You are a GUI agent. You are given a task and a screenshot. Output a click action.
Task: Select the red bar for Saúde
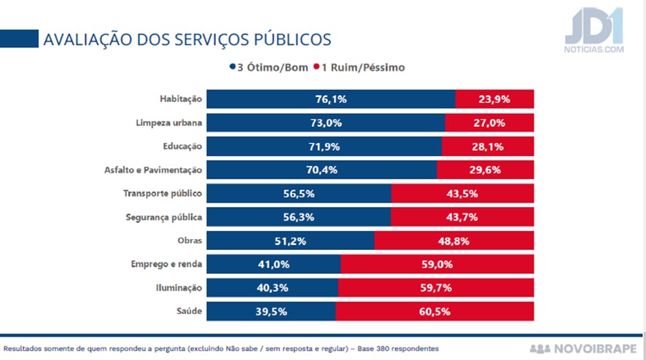tap(435, 311)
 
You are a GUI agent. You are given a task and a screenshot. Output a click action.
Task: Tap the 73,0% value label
tap(325, 122)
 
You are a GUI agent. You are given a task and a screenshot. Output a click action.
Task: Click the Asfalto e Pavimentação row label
tap(153, 171)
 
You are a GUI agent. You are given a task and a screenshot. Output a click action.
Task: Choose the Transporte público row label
tap(163, 194)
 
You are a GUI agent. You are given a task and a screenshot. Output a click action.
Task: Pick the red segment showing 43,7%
tap(462, 217)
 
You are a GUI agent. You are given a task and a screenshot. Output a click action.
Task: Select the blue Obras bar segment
tap(290, 240)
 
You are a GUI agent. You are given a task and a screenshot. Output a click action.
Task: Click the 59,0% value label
tap(437, 264)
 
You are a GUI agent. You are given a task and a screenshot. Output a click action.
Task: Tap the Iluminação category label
tap(179, 288)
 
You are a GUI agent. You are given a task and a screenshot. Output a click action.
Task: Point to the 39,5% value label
tap(271, 311)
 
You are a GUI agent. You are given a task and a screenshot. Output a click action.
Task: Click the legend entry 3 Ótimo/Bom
tap(267, 67)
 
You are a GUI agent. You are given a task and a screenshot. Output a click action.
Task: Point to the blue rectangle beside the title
tap(19, 38)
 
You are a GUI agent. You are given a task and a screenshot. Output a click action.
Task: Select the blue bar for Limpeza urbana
tap(325, 122)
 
